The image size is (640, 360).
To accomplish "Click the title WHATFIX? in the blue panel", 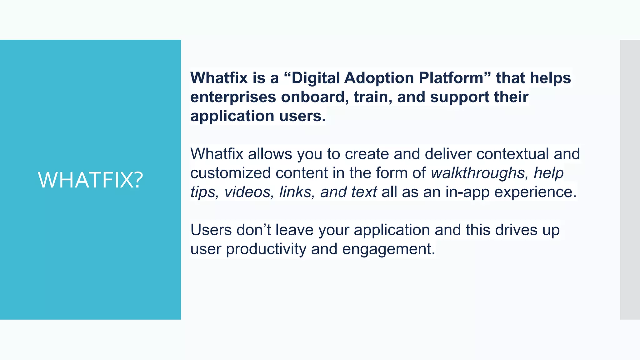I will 90,180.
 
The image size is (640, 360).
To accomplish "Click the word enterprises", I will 233,97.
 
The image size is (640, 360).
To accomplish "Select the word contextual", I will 512,154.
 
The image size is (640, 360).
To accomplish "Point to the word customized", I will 230,173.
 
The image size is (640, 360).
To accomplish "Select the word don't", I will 253,230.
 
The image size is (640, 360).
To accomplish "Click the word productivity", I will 266,249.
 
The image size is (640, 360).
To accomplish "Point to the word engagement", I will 388,249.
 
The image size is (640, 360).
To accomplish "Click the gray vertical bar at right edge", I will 630,180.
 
